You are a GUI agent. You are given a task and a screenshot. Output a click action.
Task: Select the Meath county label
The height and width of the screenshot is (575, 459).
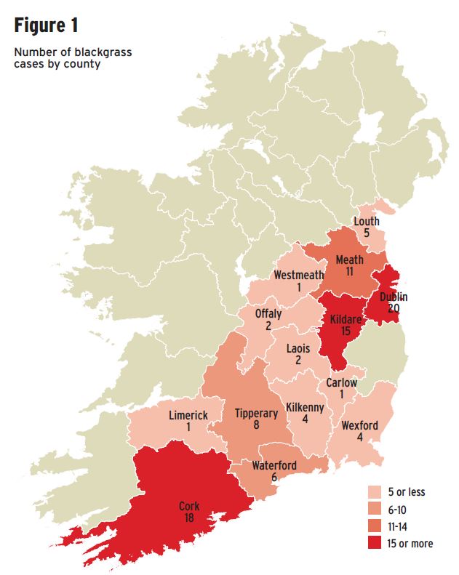(350, 260)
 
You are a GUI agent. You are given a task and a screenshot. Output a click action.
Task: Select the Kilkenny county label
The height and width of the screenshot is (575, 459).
(305, 408)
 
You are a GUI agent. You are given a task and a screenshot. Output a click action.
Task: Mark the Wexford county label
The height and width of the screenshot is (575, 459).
(359, 425)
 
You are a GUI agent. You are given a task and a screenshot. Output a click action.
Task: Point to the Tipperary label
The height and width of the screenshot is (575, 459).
(256, 413)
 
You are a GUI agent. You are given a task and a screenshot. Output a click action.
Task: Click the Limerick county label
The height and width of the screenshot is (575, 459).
(188, 415)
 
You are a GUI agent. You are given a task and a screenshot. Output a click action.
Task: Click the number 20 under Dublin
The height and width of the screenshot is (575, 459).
(393, 307)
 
